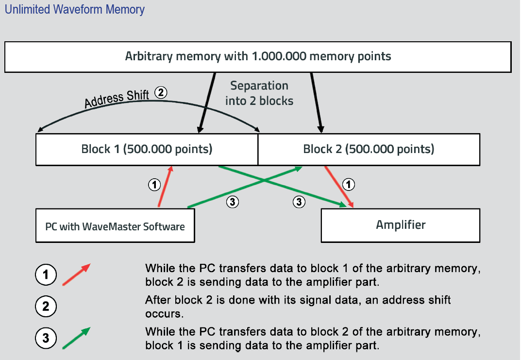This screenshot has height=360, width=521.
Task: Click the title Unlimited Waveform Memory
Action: pos(75,9)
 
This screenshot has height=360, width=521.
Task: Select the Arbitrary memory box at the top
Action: pos(257,56)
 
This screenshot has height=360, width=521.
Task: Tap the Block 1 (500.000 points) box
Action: pos(147,149)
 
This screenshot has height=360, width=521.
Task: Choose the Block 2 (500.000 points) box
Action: pos(368,149)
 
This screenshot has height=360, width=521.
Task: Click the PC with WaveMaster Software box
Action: pos(115,226)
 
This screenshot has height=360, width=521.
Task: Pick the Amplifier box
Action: pos(401,225)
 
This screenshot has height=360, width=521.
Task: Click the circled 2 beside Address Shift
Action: pos(161,93)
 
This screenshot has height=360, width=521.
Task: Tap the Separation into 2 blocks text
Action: pos(259,93)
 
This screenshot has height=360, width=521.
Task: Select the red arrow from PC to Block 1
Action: pos(165,187)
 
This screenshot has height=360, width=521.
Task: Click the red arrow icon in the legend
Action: pos(76,274)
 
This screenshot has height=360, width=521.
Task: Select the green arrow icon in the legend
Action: pos(76,338)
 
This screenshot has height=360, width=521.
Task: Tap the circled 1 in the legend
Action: pos(45,275)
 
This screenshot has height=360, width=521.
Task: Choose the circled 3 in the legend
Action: pos(45,338)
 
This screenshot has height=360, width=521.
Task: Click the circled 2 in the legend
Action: pos(45,307)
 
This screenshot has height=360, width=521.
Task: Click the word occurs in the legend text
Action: pos(164,314)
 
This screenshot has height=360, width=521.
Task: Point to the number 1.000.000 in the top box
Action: pos(279,56)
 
